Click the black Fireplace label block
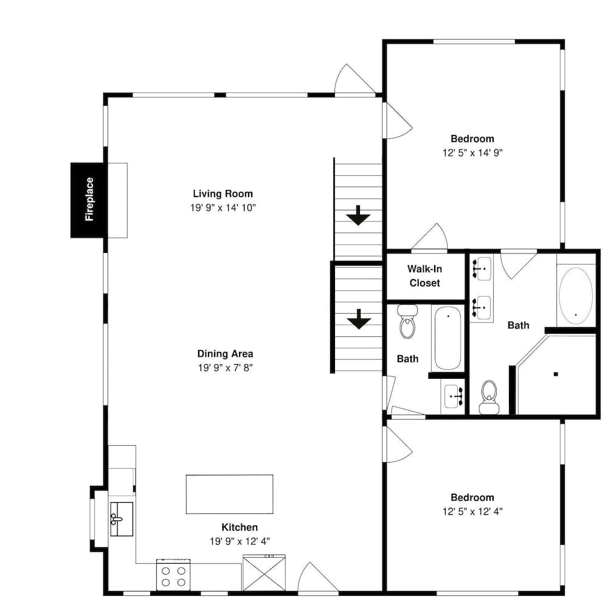tap(89, 200)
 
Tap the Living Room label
tap(223, 193)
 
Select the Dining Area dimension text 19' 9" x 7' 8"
tap(226, 368)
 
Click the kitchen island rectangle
tap(230, 494)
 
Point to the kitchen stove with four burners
tap(173, 575)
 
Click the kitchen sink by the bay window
tap(122, 519)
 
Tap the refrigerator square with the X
tap(264, 573)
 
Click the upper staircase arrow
tap(358, 215)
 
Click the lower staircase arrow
tap(359, 319)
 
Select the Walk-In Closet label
tap(424, 275)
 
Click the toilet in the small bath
tap(407, 322)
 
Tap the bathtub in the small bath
tap(448, 337)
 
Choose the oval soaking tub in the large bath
tap(576, 295)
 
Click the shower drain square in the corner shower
tap(556, 374)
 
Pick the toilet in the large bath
tap(489, 396)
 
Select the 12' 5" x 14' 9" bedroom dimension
tap(472, 153)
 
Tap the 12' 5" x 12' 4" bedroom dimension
tap(472, 511)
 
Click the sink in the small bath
tap(453, 396)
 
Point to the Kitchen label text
tap(240, 527)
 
